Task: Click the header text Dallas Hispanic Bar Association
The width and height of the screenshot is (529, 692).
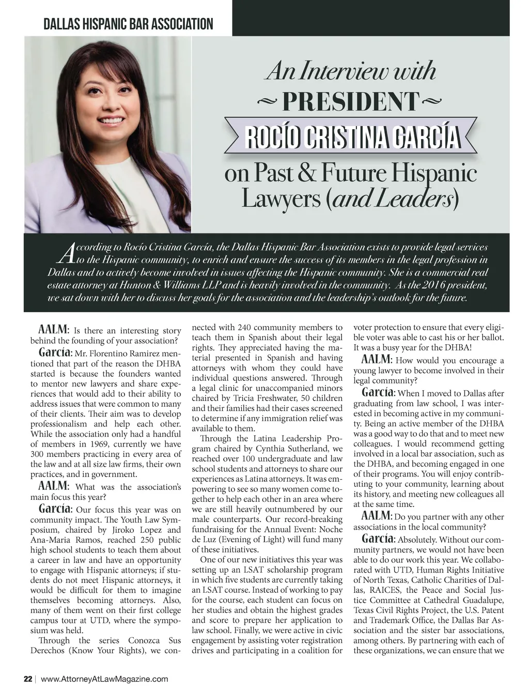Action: [128, 24]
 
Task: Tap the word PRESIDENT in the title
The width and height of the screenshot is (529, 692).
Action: [349, 102]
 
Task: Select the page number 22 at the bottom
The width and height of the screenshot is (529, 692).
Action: [28, 679]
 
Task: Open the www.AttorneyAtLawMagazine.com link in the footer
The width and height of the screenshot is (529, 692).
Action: [104, 679]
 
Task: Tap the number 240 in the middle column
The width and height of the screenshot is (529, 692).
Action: [245, 327]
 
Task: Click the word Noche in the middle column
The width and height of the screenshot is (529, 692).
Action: [331, 529]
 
